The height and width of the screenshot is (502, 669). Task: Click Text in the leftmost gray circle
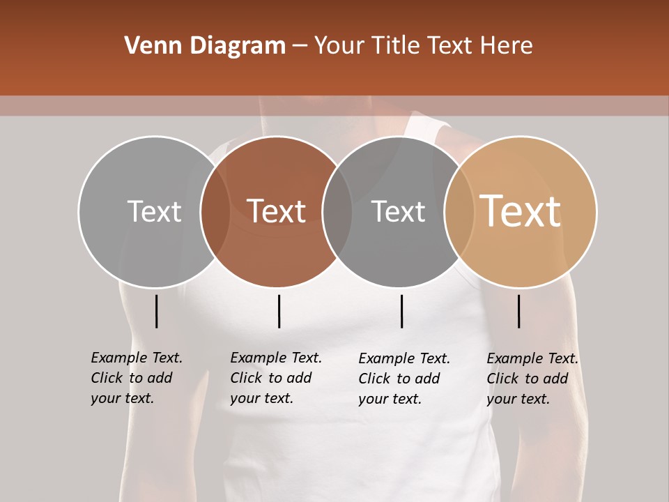pyautogui.click(x=154, y=211)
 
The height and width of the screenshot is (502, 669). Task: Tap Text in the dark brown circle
pyautogui.click(x=277, y=211)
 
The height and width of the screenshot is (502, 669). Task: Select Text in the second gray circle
pyautogui.click(x=398, y=211)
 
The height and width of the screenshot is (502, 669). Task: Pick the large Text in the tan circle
pyautogui.click(x=521, y=211)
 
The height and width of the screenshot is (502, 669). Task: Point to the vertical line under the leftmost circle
pyautogui.click(x=156, y=311)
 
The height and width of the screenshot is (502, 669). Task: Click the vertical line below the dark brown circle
pyautogui.click(x=279, y=311)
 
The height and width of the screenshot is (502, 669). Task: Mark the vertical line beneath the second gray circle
pyautogui.click(x=401, y=311)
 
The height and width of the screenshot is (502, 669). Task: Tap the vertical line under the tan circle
pyautogui.click(x=518, y=311)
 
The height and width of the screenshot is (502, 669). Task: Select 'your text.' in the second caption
pyautogui.click(x=261, y=398)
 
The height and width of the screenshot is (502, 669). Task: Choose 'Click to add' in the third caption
pyautogui.click(x=399, y=379)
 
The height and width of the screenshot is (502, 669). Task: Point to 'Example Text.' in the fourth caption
pyautogui.click(x=532, y=358)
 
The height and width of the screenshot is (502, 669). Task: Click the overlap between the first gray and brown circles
pyautogui.click(x=215, y=211)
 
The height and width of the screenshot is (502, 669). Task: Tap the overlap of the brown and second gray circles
pyautogui.click(x=337, y=211)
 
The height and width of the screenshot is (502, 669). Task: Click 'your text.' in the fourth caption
pyautogui.click(x=518, y=399)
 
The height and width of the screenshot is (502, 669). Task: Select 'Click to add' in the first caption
pyautogui.click(x=132, y=378)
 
